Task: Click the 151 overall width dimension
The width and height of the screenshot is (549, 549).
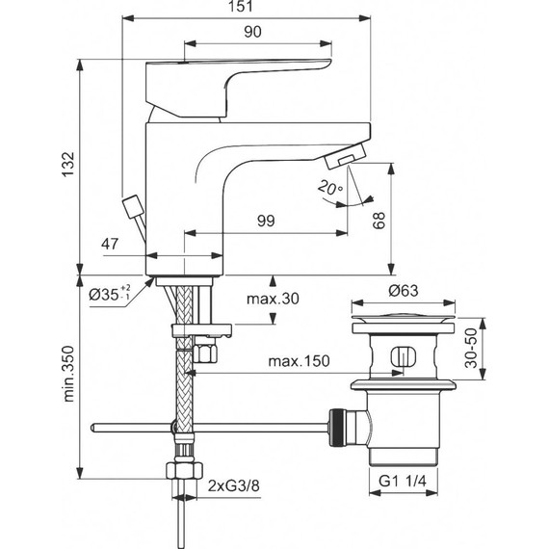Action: click(248, 8)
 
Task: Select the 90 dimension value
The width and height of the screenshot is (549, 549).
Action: click(252, 32)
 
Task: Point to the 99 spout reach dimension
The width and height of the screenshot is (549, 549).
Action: click(267, 222)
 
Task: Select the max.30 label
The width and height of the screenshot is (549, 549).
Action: click(274, 300)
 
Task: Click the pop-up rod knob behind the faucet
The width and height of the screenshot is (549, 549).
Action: click(133, 205)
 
